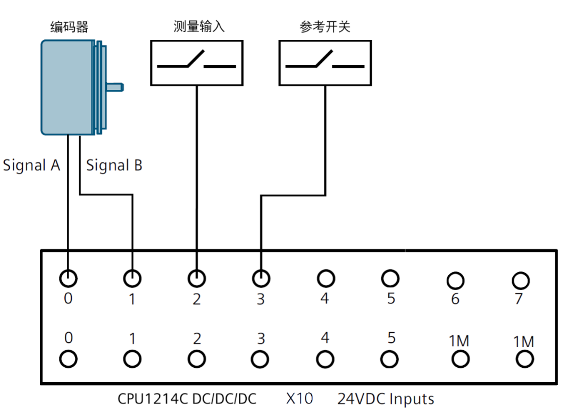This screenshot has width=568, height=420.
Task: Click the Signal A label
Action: click(x=31, y=166)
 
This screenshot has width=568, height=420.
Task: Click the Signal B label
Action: click(x=114, y=166)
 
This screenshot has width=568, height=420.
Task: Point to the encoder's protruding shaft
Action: click(x=115, y=86)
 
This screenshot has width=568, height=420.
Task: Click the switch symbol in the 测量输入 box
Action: click(x=196, y=62)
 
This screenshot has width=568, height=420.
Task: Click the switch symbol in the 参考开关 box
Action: click(x=325, y=62)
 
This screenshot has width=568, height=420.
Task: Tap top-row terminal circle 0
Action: click(x=68, y=278)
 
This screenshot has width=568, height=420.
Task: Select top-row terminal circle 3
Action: click(x=261, y=278)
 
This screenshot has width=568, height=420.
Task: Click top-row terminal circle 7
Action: click(x=520, y=280)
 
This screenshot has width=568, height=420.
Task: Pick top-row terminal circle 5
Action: click(x=390, y=278)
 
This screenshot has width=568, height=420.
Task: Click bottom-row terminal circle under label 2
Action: click(x=197, y=359)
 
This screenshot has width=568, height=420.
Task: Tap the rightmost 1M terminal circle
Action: click(x=524, y=360)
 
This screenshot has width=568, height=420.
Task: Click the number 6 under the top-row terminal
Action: click(x=455, y=299)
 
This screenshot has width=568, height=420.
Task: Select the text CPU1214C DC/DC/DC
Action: click(x=187, y=399)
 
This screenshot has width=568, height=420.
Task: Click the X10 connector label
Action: click(x=299, y=399)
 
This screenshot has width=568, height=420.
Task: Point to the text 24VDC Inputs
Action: click(x=386, y=399)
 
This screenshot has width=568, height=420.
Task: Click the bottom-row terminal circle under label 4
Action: click(x=325, y=359)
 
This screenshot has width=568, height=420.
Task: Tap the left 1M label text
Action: click(x=459, y=341)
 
